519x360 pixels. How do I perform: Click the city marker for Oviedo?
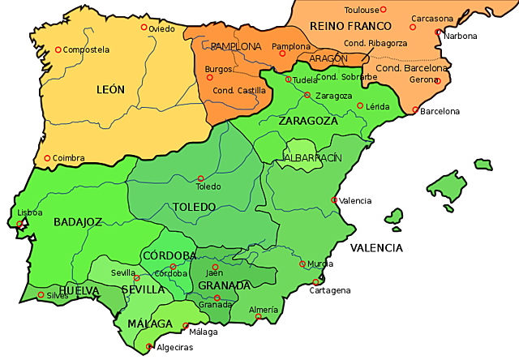(x=144, y=28)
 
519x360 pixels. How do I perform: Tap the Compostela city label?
(x=86, y=49)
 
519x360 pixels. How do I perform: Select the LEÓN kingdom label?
(x=110, y=90)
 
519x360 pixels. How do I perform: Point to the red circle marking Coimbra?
(x=47, y=158)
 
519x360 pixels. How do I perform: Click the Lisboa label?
(x=31, y=212)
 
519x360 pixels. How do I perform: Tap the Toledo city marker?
(x=200, y=178)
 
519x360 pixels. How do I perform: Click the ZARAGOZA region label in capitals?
(x=307, y=121)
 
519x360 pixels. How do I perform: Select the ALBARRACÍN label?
(x=313, y=156)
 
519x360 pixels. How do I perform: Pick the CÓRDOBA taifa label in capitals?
(x=169, y=255)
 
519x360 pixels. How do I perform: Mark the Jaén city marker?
(x=215, y=267)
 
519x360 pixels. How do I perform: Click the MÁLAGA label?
(x=149, y=324)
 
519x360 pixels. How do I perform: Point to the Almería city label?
(x=264, y=310)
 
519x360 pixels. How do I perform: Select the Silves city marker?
(x=41, y=294)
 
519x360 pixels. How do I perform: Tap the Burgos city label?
(x=219, y=69)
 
